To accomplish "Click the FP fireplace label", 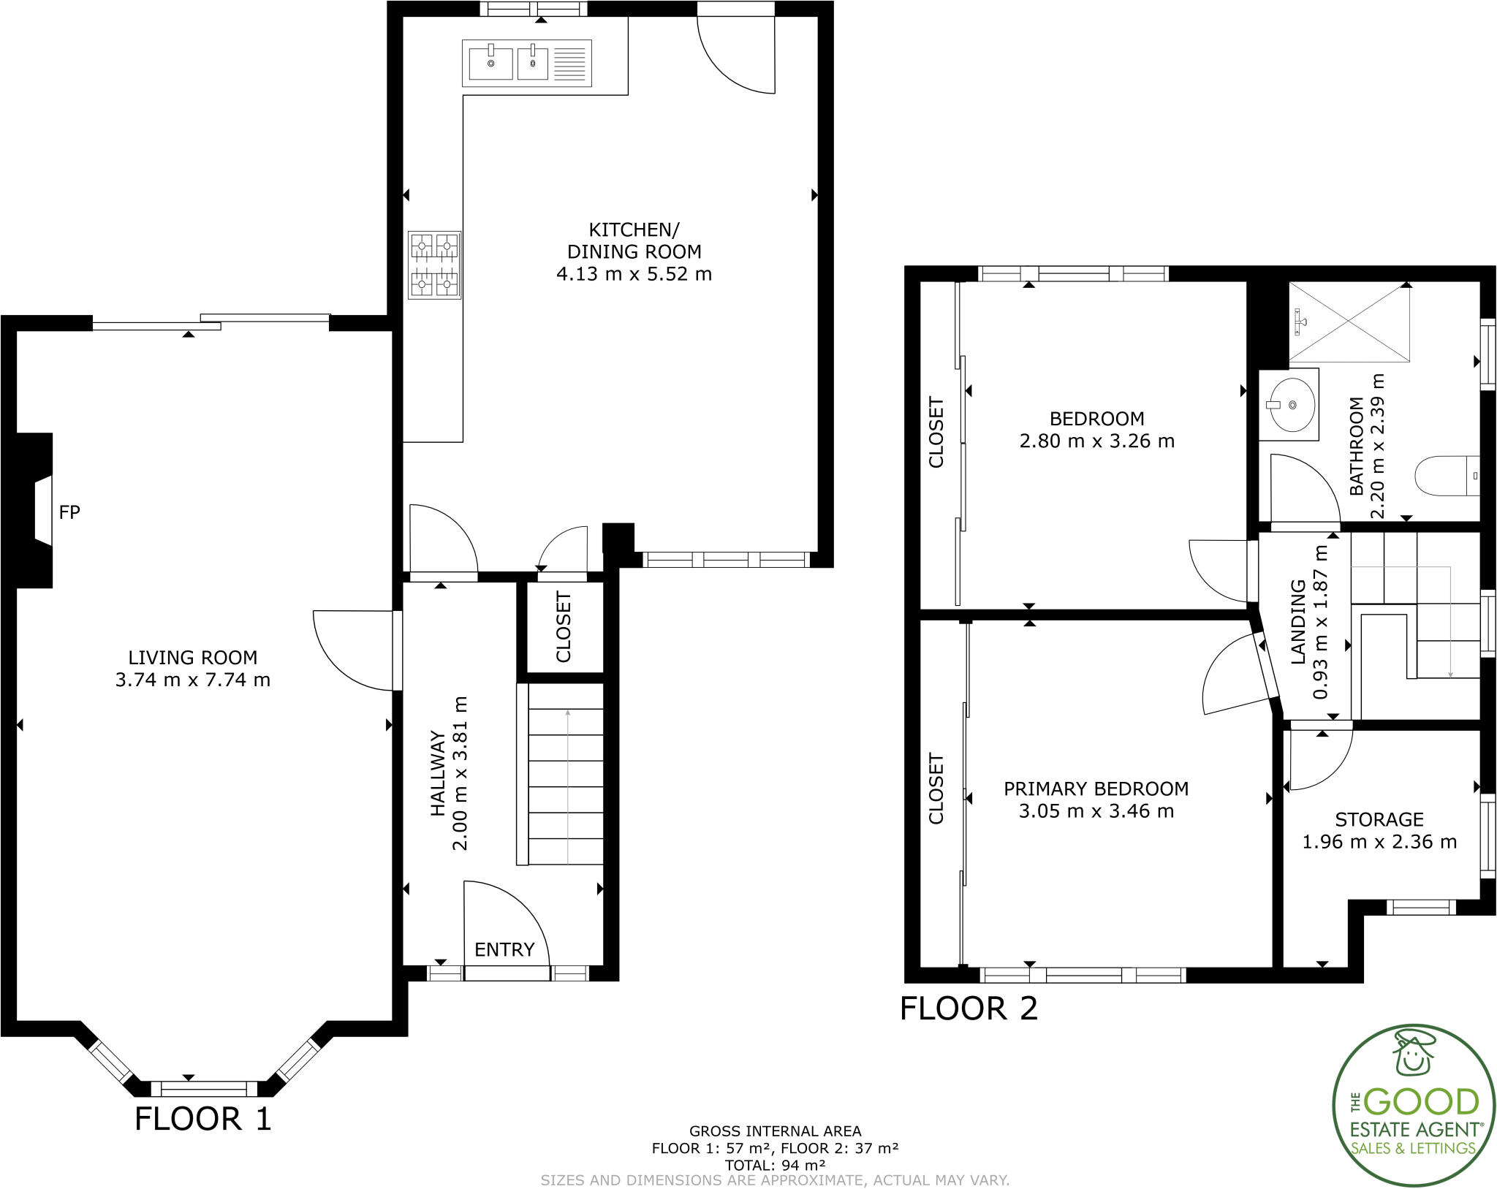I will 69,512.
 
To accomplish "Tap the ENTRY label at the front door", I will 504,949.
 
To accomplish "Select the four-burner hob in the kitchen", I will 434,265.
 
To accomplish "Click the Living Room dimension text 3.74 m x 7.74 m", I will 193,680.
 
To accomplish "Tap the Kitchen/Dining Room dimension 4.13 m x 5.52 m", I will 634,274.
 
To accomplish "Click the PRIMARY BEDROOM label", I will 1096,789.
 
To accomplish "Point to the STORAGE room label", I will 1379,819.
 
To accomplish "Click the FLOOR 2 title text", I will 969,1008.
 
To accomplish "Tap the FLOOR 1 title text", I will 203,1119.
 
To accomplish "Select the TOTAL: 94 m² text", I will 775,1164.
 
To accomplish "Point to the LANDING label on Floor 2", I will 1298,621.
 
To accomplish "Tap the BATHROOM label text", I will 1356,446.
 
